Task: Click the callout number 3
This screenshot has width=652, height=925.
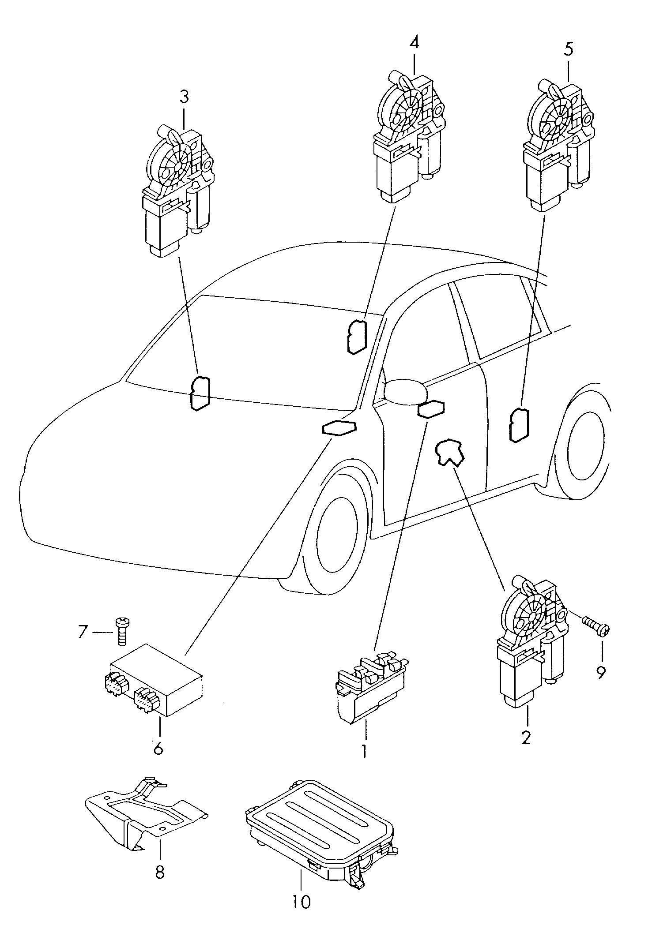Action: (x=184, y=96)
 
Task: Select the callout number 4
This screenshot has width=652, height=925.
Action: (x=414, y=42)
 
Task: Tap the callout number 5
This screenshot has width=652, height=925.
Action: (x=568, y=49)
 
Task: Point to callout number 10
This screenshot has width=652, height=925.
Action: (x=301, y=900)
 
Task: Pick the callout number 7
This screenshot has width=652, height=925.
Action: (x=83, y=632)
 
